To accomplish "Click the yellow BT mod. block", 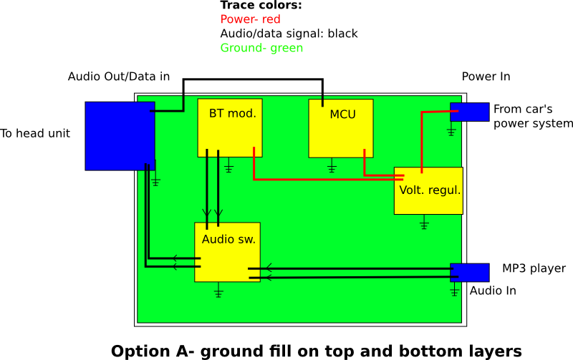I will pos(231,127).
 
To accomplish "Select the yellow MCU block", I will pos(341,128).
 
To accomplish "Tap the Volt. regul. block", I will pos(428,190).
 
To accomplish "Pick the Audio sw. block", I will pos(227,252).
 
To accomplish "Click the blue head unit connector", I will pos(120,136).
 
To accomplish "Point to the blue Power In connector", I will pos(469,112).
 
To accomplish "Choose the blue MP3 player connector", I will pos(469,273).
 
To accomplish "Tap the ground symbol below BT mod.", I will pos(228,168).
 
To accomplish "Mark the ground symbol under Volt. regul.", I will pos(424,224).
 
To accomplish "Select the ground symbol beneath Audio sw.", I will pos(219,291).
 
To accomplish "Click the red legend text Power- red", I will pos(250,20).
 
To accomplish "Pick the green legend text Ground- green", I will pos(261,49).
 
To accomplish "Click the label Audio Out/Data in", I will pos(119,77).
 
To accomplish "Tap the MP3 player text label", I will pos(534,269).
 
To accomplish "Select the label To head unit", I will pos(35,133).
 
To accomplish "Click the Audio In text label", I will pos(493,291).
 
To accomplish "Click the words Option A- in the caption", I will pos(151,351).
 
